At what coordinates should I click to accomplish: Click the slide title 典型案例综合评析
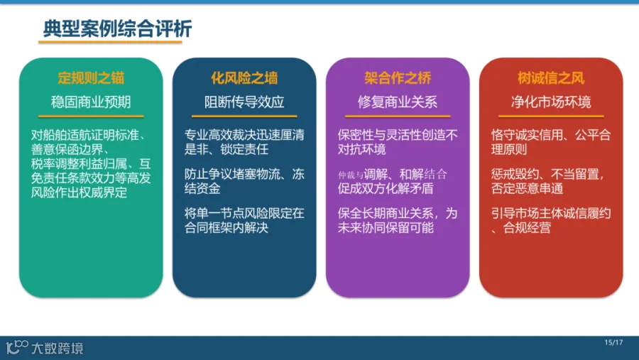coord(117,28)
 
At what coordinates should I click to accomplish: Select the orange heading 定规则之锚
coord(91,78)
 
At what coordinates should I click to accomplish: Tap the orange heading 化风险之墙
coord(244,78)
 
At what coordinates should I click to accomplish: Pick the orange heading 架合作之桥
coord(398,78)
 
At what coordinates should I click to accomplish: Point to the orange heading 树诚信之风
coord(551,78)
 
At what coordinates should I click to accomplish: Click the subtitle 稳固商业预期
coord(91,102)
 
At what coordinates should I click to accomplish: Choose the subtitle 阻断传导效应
coord(244,102)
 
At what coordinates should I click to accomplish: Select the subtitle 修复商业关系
coord(398,102)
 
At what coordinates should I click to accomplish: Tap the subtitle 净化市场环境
coord(551,102)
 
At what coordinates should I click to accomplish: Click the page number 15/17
coord(613,342)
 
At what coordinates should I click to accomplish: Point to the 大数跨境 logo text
coord(58,348)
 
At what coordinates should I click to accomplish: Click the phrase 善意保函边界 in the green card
coord(67,149)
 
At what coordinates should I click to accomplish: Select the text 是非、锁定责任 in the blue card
coord(226,149)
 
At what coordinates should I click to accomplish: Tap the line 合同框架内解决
coord(226,227)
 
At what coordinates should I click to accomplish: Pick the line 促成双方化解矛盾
coord(385,188)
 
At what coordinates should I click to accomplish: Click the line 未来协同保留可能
coord(385,227)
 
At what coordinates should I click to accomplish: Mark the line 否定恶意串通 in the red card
coord(527,188)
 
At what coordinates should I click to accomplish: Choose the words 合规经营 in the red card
coord(527,227)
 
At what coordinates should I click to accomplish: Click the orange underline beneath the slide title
coord(110,42)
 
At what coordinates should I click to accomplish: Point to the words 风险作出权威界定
coord(79,192)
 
